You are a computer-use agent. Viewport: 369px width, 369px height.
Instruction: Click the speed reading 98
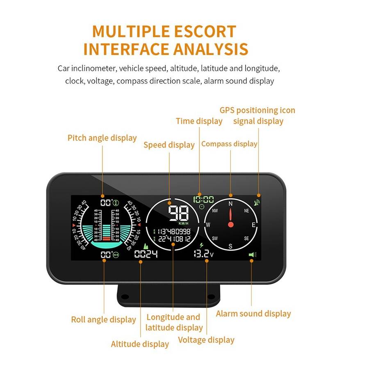[177, 214]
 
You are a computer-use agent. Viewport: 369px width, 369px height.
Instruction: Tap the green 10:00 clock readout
[204, 200]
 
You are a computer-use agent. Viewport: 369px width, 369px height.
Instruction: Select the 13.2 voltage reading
[201, 254]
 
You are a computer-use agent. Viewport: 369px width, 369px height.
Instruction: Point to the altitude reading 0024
[146, 254]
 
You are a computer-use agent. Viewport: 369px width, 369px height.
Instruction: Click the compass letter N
[230, 203]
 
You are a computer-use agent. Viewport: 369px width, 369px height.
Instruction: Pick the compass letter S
[230, 246]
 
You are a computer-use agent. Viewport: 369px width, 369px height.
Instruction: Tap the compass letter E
[254, 225]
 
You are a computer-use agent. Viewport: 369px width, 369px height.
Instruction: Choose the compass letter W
[208, 225]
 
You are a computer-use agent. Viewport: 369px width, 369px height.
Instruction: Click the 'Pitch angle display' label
[102, 138]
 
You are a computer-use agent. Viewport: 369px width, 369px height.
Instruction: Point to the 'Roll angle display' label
[103, 320]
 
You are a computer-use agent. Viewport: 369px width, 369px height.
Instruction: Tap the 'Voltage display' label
[206, 340]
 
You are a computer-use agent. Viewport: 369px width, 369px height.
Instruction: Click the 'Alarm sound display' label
[253, 314]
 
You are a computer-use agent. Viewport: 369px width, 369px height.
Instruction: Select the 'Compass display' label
[229, 144]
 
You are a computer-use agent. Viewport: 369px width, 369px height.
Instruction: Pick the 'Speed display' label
[169, 145]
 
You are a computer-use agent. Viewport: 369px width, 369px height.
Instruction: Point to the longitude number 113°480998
[174, 231]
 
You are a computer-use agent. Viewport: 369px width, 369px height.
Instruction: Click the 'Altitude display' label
[140, 344]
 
